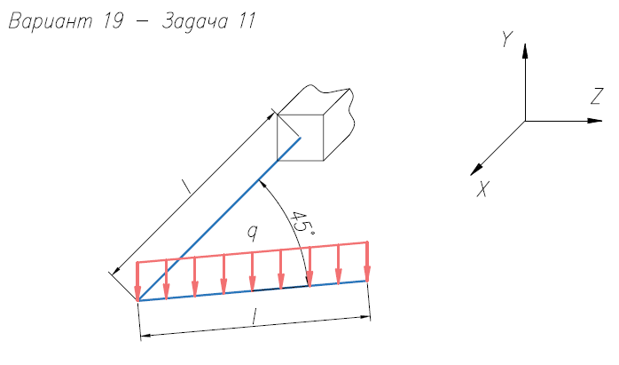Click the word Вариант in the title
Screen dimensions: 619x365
click(51, 21)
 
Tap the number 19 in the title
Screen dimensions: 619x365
click(114, 21)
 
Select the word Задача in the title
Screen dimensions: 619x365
click(195, 21)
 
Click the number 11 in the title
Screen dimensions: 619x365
click(247, 21)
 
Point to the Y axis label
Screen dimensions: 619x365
click(506, 39)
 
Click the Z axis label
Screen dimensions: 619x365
click(598, 97)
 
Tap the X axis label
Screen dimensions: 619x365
click(482, 188)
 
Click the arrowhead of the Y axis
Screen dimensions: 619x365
click(525, 51)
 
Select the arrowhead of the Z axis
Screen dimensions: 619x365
click(594, 121)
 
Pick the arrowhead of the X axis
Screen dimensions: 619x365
click(476, 170)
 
